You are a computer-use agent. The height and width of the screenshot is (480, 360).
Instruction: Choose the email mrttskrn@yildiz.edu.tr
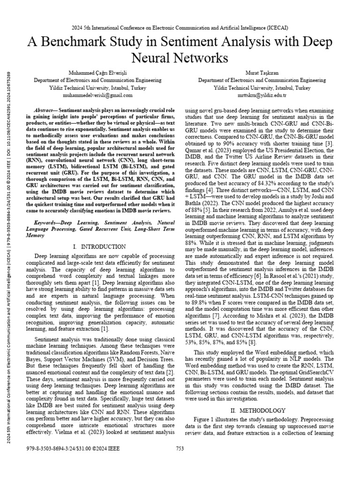click(262, 95)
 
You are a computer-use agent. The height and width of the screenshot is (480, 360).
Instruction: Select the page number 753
click(180, 448)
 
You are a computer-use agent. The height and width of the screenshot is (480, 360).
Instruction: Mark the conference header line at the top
click(180, 26)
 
